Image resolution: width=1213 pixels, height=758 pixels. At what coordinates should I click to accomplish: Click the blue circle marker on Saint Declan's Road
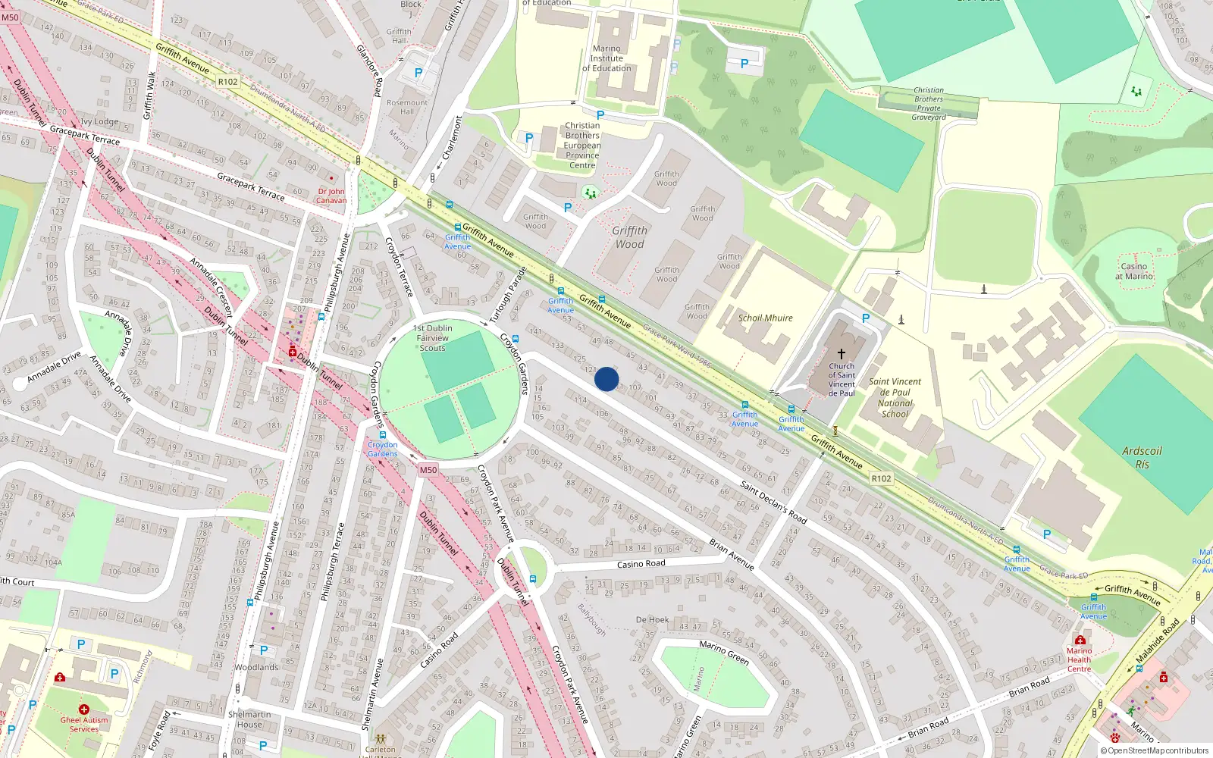coord(606,379)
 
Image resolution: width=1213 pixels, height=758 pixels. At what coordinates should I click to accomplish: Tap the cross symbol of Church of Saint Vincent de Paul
coord(841,354)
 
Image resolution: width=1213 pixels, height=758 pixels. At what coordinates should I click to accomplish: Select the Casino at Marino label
coord(1134,271)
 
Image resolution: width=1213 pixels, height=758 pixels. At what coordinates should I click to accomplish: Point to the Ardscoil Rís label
coord(1142,458)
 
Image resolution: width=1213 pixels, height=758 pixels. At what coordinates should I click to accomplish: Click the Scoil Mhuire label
coord(765,318)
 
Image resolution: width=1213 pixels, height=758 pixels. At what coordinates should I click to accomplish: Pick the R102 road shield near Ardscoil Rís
coord(881,478)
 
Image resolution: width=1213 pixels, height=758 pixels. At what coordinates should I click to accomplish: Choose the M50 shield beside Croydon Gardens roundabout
coord(428,470)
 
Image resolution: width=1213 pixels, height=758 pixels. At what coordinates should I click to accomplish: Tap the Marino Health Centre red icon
coord(1080,641)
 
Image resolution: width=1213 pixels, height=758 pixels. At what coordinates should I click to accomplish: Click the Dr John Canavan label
coord(331,196)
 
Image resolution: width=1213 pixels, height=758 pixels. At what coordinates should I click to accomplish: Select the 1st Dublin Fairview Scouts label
coord(433,338)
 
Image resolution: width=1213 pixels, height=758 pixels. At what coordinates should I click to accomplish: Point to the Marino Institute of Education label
coord(606,58)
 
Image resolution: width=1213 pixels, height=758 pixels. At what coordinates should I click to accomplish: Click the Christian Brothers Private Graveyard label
coord(929,104)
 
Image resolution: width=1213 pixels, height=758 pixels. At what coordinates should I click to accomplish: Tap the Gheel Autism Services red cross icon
coord(83,709)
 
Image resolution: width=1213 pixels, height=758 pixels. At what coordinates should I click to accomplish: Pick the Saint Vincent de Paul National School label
coord(895,398)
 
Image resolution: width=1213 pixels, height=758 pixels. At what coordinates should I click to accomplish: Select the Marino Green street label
coord(724,651)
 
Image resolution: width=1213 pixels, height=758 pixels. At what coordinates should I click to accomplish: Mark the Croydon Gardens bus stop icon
coord(383,436)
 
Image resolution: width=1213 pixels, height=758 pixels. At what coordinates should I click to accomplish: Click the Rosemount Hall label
coord(407,107)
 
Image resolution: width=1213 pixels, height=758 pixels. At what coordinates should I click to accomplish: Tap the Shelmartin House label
coord(249,719)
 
